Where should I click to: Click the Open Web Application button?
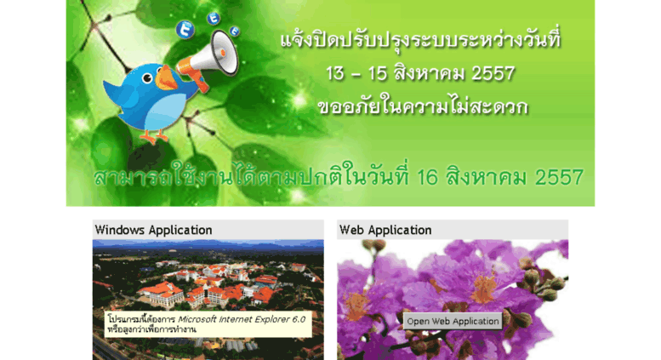pos(453,321)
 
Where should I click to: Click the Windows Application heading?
pos(153,230)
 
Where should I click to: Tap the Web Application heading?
pos(385,230)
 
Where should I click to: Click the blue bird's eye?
pos(147,78)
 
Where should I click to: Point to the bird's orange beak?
pos(166,79)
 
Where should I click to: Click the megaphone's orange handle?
pos(202,82)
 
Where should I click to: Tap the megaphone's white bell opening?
pos(225,53)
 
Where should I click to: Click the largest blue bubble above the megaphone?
pos(185,30)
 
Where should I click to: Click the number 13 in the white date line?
pos(335,74)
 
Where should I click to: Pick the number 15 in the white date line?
pos(378,74)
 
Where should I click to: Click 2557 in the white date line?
pos(493,74)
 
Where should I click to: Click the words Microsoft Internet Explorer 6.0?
pos(242,319)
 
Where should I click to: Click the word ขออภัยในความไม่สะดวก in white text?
pos(423,106)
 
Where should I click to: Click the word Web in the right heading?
pos(352,230)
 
